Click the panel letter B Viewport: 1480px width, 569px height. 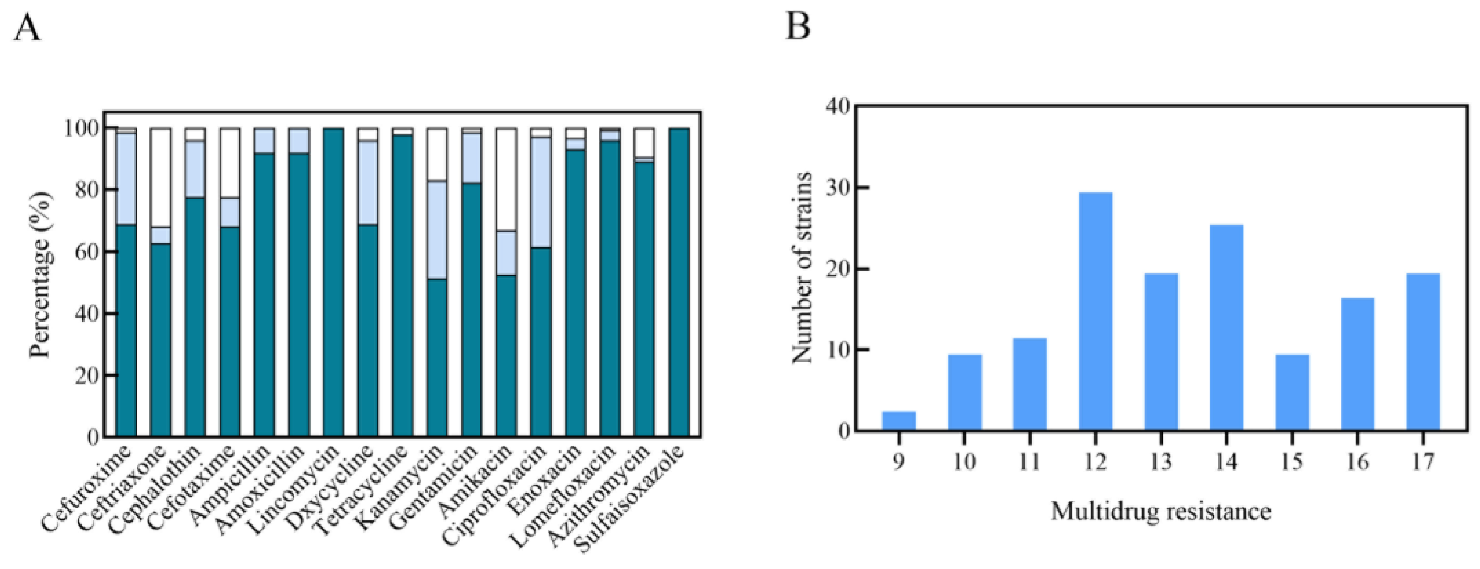coord(798,26)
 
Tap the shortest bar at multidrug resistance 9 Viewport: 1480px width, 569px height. coord(898,420)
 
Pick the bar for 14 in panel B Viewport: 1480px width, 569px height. coord(1226,327)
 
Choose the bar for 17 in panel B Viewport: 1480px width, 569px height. coord(1423,351)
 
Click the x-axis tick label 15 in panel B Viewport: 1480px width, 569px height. coord(1292,461)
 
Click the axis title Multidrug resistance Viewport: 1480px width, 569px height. coord(1161,511)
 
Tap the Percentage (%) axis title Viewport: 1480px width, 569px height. coord(40,274)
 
